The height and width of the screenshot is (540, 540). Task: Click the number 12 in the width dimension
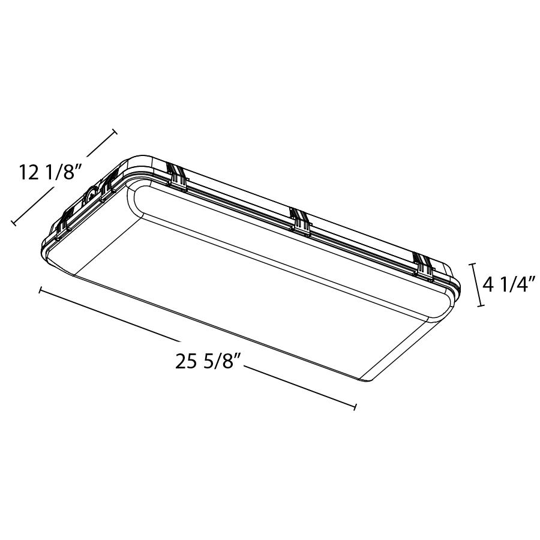(x=29, y=172)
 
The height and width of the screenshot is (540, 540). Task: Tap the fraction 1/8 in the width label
(x=59, y=172)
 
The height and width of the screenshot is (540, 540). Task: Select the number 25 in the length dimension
(x=187, y=361)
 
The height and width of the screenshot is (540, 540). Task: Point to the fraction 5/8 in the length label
(x=217, y=361)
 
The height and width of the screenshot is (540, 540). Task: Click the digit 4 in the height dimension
(x=488, y=285)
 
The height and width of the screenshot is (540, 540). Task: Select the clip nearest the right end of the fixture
(x=424, y=266)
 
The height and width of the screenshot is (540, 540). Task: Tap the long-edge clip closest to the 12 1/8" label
(x=176, y=176)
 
